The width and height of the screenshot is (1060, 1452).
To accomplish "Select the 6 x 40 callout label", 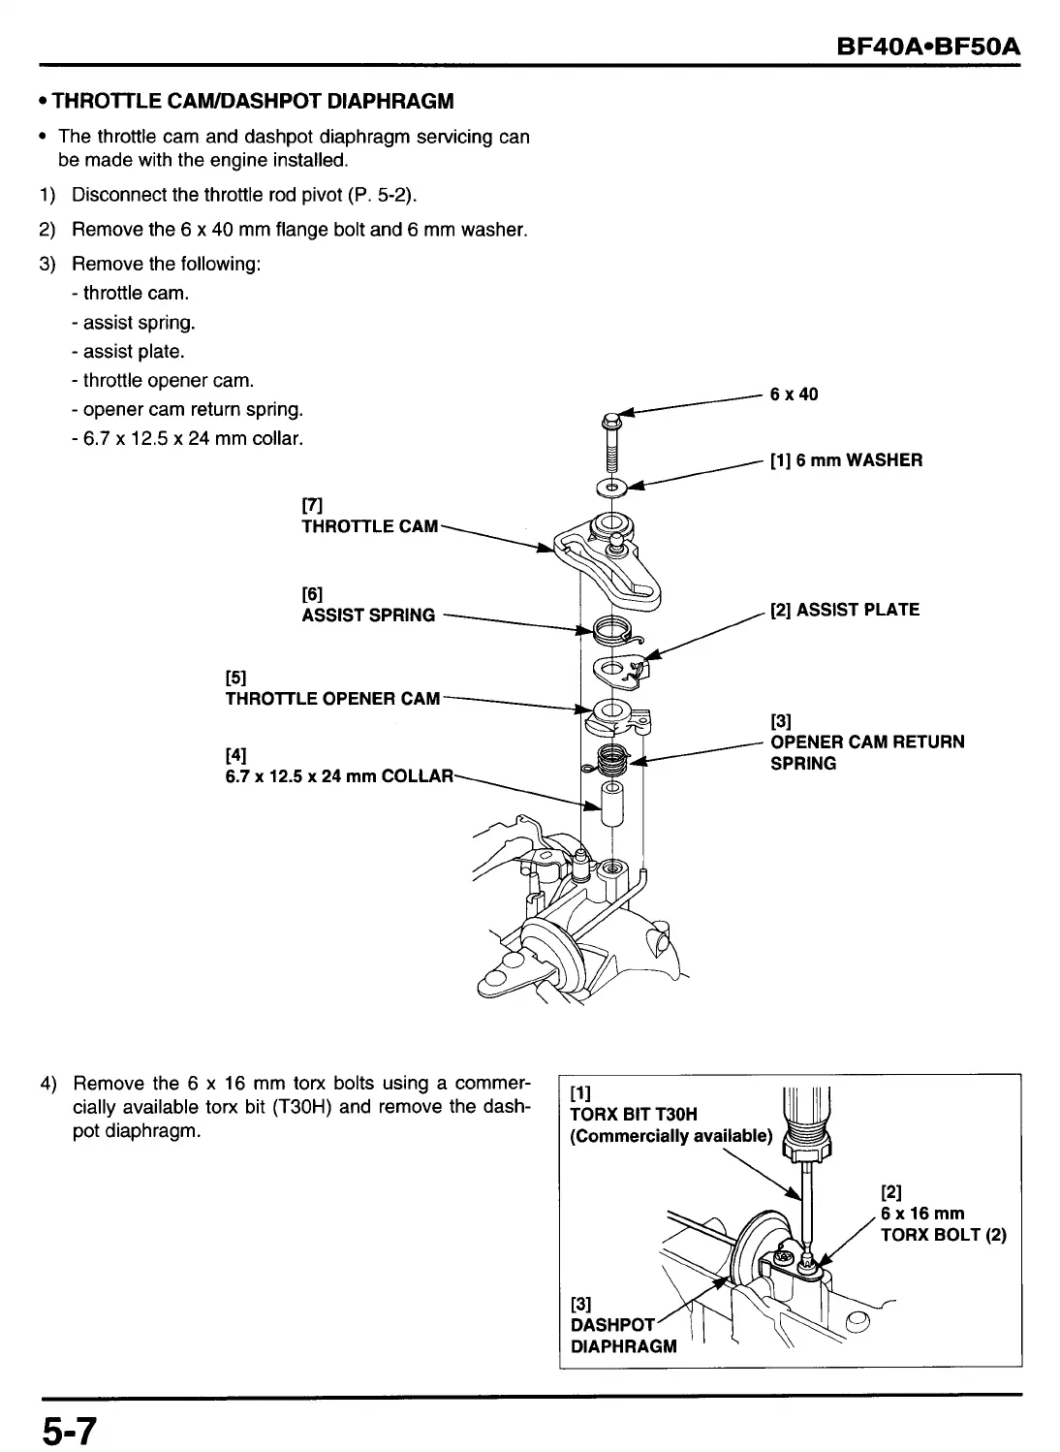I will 794,395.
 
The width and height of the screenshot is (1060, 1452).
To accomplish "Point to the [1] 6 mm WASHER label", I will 846,460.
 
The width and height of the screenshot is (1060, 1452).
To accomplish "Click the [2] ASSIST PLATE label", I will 844,610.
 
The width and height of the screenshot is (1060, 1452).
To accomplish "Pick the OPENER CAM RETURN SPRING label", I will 866,752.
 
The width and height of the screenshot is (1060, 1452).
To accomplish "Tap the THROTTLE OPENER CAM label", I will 332,699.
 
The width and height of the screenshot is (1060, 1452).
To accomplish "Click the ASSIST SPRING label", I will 368,615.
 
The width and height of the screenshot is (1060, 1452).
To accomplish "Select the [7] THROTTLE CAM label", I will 369,526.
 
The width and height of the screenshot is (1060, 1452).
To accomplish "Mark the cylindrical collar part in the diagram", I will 611,804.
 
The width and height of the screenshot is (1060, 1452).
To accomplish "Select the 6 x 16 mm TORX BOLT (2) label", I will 942,1224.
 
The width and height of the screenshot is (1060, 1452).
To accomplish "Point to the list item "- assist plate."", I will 134,351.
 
